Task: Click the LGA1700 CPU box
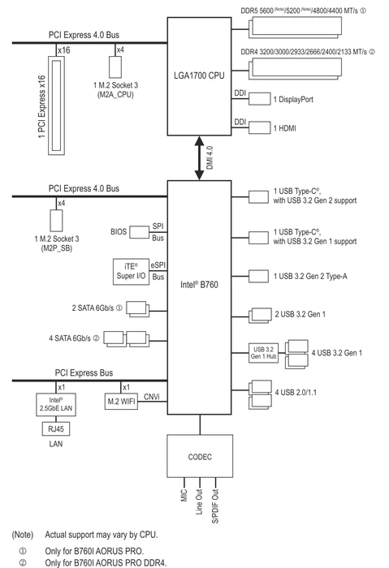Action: pos(199,76)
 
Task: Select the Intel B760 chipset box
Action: pos(199,297)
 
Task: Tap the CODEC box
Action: pos(200,456)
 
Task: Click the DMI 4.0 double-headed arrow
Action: pos(200,158)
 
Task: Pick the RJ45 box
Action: pos(56,429)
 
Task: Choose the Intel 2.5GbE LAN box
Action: pos(56,405)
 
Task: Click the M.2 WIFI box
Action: pos(121,402)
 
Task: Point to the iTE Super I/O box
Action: pos(131,272)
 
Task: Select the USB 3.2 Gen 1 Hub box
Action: pos(264,353)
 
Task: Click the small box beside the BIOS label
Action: pos(139,232)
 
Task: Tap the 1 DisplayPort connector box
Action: pos(259,99)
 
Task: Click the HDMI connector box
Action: pos(259,128)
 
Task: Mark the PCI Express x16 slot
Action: pos(57,105)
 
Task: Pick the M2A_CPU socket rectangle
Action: pos(115,67)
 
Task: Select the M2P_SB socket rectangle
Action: pos(56,220)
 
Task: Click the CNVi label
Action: pos(152,397)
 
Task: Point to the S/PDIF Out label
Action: pos(215,506)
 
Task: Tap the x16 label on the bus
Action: pos(64,50)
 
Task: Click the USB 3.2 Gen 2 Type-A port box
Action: pos(258,276)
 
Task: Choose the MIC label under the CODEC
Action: pos(184,496)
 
